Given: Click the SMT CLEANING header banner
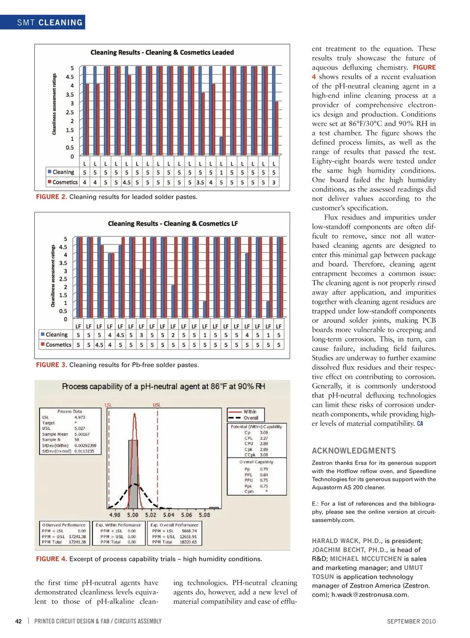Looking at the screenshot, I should [49, 22].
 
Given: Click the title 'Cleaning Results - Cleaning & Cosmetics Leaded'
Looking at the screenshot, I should [162, 52].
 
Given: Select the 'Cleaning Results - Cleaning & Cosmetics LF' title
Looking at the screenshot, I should [173, 223].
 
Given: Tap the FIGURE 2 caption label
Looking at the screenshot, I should [51, 197].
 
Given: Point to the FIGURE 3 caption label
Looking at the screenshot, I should [51, 365].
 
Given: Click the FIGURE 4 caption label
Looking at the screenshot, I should [51, 559].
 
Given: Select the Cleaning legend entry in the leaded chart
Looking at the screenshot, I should [61, 172].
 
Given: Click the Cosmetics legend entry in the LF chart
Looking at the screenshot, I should [56, 345].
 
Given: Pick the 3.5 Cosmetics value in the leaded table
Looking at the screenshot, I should [200, 182].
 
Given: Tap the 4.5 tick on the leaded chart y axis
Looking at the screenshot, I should [70, 77].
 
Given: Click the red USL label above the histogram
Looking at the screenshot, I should [157, 405].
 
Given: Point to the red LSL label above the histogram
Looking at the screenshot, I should [109, 405].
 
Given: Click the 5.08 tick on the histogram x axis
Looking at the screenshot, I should [204, 515].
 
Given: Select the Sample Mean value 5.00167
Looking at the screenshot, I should [82, 434].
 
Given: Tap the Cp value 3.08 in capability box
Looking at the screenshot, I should [264, 433].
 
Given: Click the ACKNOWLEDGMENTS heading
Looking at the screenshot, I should [354, 451].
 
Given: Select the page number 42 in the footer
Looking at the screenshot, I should [19, 621].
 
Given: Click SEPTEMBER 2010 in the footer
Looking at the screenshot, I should [411, 621].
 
